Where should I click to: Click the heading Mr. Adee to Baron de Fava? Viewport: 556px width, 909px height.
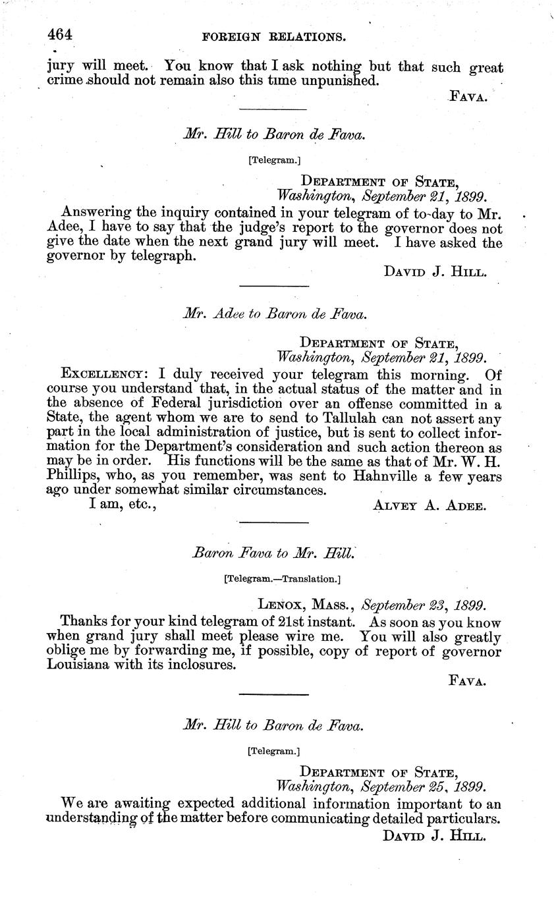click(274, 314)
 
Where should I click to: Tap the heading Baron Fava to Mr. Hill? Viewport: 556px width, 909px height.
click(274, 553)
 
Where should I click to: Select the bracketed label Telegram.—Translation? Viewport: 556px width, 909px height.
click(282, 579)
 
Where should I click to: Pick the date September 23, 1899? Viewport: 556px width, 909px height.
click(424, 604)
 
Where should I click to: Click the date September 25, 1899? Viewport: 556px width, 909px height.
click(424, 786)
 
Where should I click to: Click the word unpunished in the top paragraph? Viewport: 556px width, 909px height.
click(339, 81)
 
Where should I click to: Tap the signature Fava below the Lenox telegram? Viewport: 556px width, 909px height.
click(467, 681)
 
